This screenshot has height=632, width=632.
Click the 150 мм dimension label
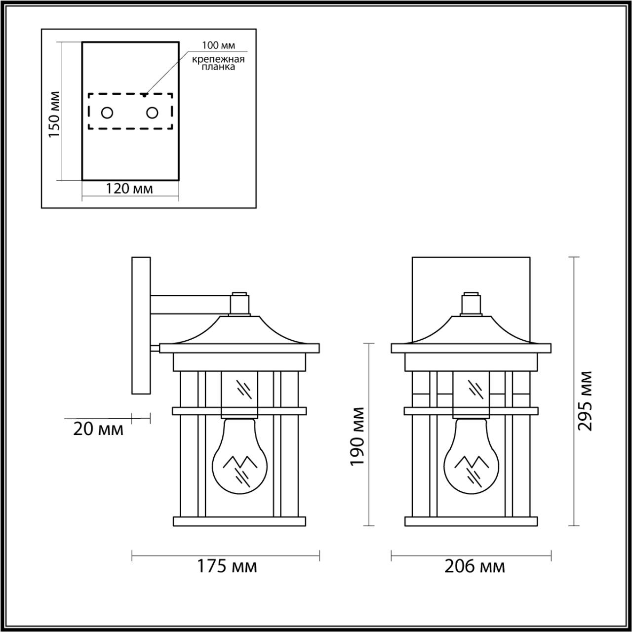[54, 115]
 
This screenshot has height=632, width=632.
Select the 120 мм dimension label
[129, 189]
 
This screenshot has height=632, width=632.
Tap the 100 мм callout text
[218, 46]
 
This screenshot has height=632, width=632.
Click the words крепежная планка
[219, 63]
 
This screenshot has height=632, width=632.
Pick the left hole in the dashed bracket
[107, 113]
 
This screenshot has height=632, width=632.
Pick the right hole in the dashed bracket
[152, 113]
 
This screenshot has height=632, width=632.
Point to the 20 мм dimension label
[98, 430]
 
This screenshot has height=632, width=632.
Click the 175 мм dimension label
[228, 566]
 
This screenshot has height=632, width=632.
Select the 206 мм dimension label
[475, 566]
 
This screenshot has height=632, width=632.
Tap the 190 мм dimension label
[357, 436]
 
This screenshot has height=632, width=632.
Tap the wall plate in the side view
[141, 325]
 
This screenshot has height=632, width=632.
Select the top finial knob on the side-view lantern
[239, 303]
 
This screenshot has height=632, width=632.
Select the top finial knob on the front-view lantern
[471, 303]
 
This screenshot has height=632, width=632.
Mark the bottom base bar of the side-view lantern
[239, 521]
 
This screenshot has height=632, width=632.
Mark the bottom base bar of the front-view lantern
[471, 521]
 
